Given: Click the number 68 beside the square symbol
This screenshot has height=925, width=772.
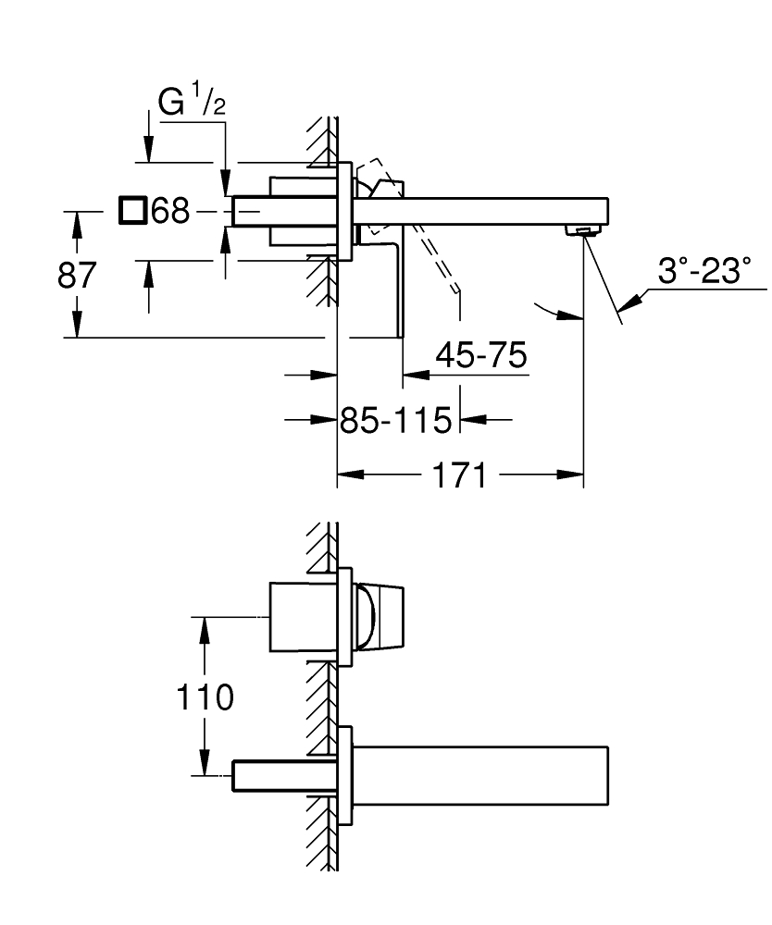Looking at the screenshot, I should pyautogui.click(x=170, y=212).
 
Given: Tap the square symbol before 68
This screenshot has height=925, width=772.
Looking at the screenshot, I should pyautogui.click(x=132, y=211).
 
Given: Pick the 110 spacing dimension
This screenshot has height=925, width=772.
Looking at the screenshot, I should pyautogui.click(x=205, y=697).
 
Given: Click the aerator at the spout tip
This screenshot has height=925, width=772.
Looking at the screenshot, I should pyautogui.click(x=583, y=229).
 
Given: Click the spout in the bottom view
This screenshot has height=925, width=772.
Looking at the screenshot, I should pyautogui.click(x=481, y=773).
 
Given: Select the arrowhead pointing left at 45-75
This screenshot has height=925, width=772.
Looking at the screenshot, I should pyautogui.click(x=414, y=376).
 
